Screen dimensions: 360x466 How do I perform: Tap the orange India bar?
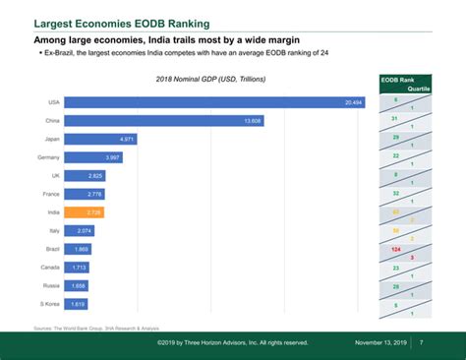(x=85, y=212)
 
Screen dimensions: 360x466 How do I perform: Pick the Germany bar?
(x=93, y=157)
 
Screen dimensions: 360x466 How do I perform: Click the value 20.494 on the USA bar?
(x=353, y=102)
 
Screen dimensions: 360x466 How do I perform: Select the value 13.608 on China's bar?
(x=253, y=121)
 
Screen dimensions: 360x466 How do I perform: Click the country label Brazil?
(x=53, y=249)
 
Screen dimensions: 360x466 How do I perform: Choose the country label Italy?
(x=55, y=231)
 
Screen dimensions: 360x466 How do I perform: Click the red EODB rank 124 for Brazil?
(x=395, y=249)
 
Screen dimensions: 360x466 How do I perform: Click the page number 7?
(x=421, y=342)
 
